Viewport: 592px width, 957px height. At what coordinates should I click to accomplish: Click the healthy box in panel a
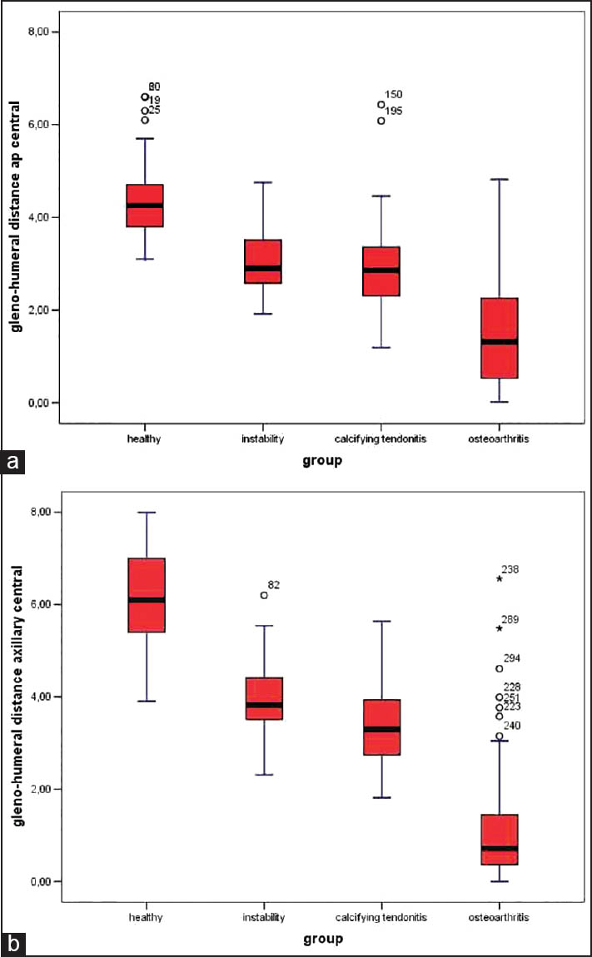[x=144, y=205]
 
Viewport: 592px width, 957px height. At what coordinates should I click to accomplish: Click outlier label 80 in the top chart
[x=154, y=87]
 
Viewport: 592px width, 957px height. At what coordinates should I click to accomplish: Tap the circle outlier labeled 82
[x=264, y=595]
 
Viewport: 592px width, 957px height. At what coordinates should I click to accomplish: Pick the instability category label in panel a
[x=262, y=439]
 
